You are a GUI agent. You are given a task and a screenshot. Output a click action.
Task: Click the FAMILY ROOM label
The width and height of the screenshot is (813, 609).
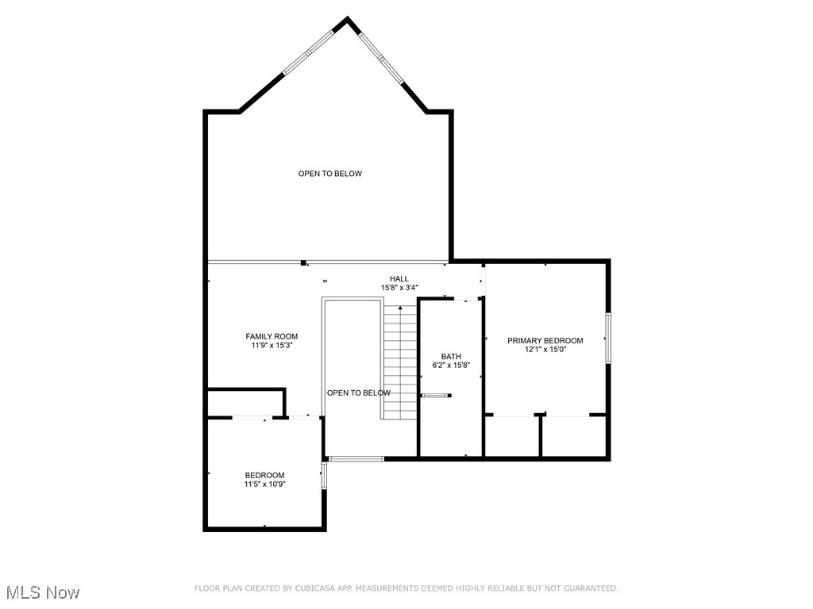point(272,336)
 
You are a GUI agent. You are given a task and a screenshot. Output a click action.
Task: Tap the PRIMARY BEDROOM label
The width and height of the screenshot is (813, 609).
point(545,340)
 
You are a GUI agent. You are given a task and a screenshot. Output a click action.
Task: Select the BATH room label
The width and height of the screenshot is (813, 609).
point(451,356)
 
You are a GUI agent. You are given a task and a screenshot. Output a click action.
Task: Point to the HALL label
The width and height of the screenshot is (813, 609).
point(399,278)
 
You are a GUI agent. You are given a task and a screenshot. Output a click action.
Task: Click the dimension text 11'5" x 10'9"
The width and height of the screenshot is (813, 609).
point(264,484)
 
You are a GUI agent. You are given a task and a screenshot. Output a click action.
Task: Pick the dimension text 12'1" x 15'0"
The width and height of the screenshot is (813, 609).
point(545,350)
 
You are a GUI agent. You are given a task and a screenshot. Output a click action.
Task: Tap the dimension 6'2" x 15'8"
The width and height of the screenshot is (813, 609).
point(451,366)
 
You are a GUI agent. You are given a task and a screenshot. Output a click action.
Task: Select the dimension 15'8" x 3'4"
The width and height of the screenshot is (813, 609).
point(399,288)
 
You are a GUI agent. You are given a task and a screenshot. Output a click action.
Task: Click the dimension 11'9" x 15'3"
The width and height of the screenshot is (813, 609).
point(272,346)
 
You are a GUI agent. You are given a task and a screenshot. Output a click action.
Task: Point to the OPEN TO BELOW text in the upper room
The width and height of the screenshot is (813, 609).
point(330,174)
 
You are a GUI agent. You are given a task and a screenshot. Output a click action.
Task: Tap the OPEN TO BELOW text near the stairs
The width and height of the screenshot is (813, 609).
point(359,393)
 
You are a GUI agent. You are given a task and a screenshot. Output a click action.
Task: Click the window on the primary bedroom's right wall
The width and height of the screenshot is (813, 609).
point(608,339)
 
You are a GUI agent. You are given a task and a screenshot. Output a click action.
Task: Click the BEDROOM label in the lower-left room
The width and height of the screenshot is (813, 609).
point(264,475)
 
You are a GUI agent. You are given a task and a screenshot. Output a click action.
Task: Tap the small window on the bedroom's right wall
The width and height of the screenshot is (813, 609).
point(323,474)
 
